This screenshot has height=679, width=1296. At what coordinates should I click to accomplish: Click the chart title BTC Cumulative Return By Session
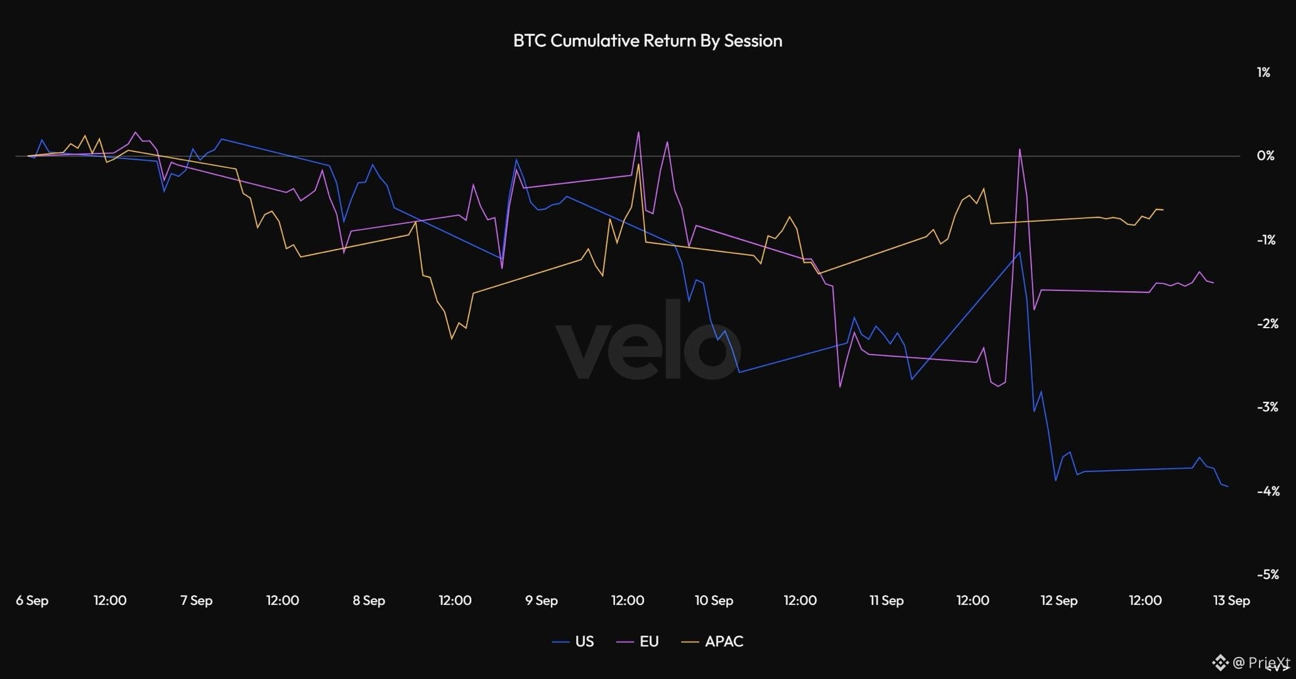click(648, 41)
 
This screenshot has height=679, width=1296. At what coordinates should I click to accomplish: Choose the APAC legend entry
click(712, 641)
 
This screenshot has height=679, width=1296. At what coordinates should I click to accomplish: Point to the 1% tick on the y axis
click(1263, 72)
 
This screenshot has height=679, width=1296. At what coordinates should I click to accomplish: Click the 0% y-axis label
click(1265, 156)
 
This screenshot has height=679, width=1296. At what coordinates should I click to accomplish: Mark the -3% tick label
click(1267, 407)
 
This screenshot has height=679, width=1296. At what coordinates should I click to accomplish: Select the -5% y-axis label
click(1267, 574)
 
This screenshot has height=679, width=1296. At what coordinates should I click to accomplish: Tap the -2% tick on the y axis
click(1267, 323)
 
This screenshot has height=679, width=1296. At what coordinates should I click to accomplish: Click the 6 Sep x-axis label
click(32, 600)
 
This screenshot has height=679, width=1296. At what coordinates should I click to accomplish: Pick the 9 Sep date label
click(542, 600)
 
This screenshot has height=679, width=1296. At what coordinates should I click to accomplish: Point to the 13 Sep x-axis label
click(1231, 600)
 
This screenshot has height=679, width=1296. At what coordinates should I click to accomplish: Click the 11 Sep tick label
click(886, 600)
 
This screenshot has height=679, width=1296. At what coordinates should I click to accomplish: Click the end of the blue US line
click(1228, 487)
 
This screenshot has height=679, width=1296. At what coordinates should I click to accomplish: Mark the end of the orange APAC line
click(1163, 209)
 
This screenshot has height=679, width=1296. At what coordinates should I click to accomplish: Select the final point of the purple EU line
click(1213, 283)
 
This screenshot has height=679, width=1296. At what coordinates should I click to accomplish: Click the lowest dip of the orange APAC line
click(452, 339)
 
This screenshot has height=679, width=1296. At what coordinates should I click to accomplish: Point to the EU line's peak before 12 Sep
click(1020, 149)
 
